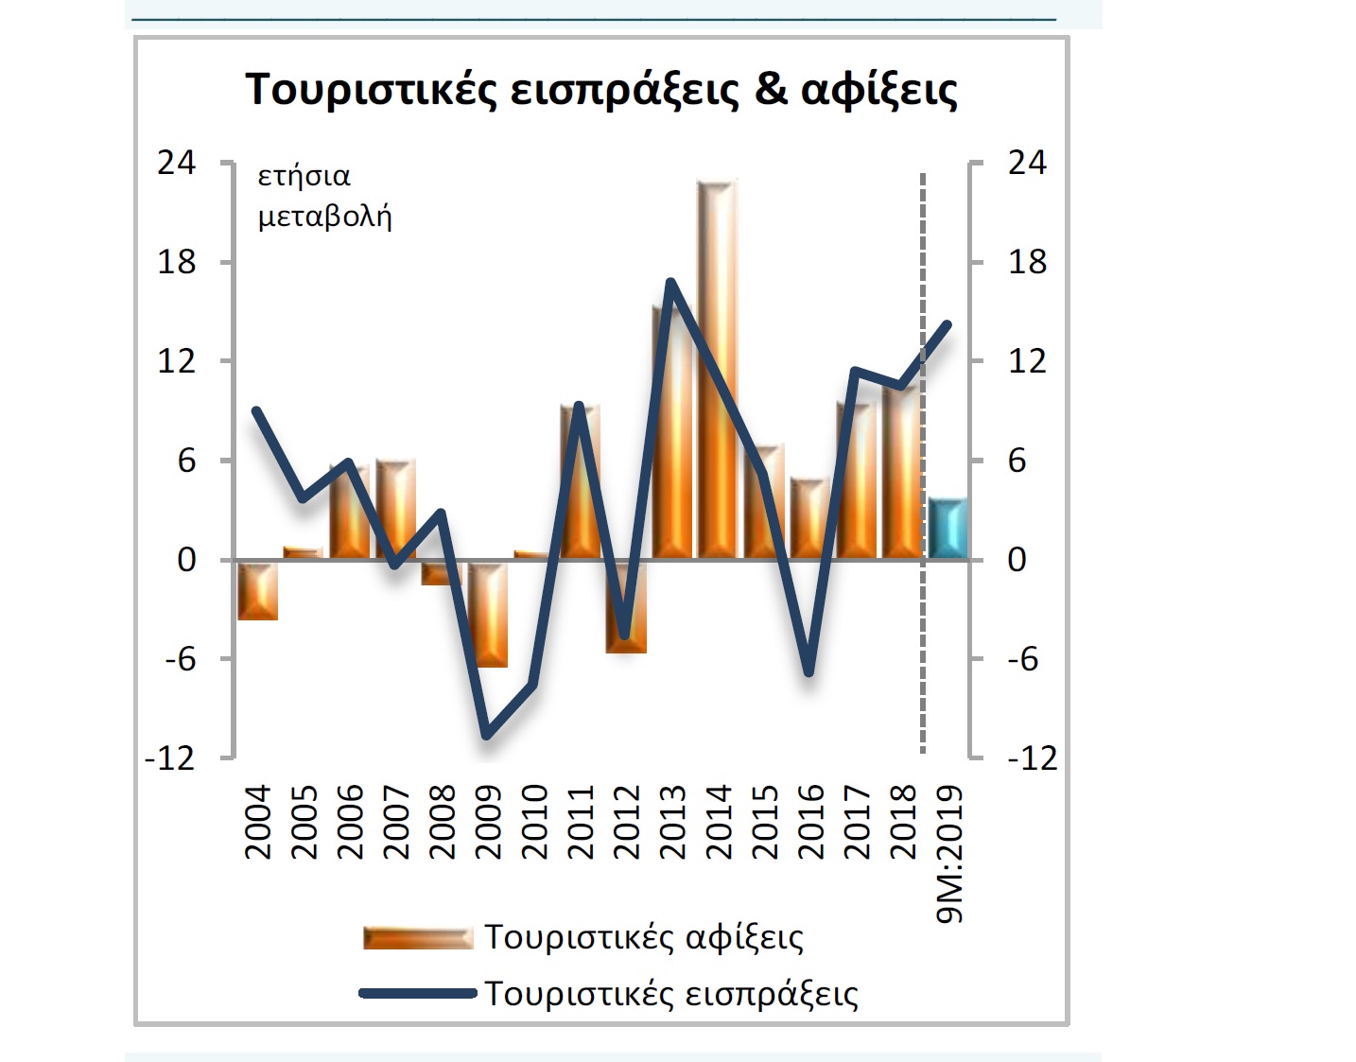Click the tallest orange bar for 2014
click(717, 369)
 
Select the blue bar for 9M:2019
click(947, 528)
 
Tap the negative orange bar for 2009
click(488, 615)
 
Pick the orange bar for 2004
click(257, 591)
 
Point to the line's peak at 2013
click(670, 282)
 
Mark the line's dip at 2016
click(809, 672)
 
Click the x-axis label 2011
click(579, 821)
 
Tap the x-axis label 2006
click(349, 821)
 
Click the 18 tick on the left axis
click(177, 262)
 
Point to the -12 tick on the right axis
click(1032, 758)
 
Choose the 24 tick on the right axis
click(1027, 163)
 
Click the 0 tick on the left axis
click(186, 560)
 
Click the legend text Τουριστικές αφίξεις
click(644, 937)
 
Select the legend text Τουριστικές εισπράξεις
click(671, 994)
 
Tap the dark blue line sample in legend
click(417, 993)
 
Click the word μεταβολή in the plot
click(324, 217)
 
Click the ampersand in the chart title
click(771, 89)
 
